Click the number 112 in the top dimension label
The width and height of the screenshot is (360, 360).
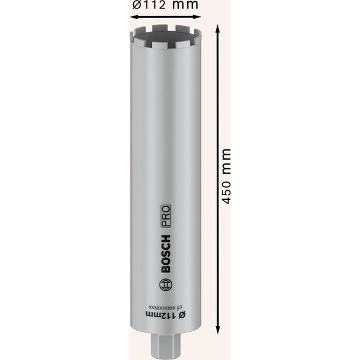155,5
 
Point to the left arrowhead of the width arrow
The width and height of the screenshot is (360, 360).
133,17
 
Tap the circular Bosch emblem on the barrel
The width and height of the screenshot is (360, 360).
167,285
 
